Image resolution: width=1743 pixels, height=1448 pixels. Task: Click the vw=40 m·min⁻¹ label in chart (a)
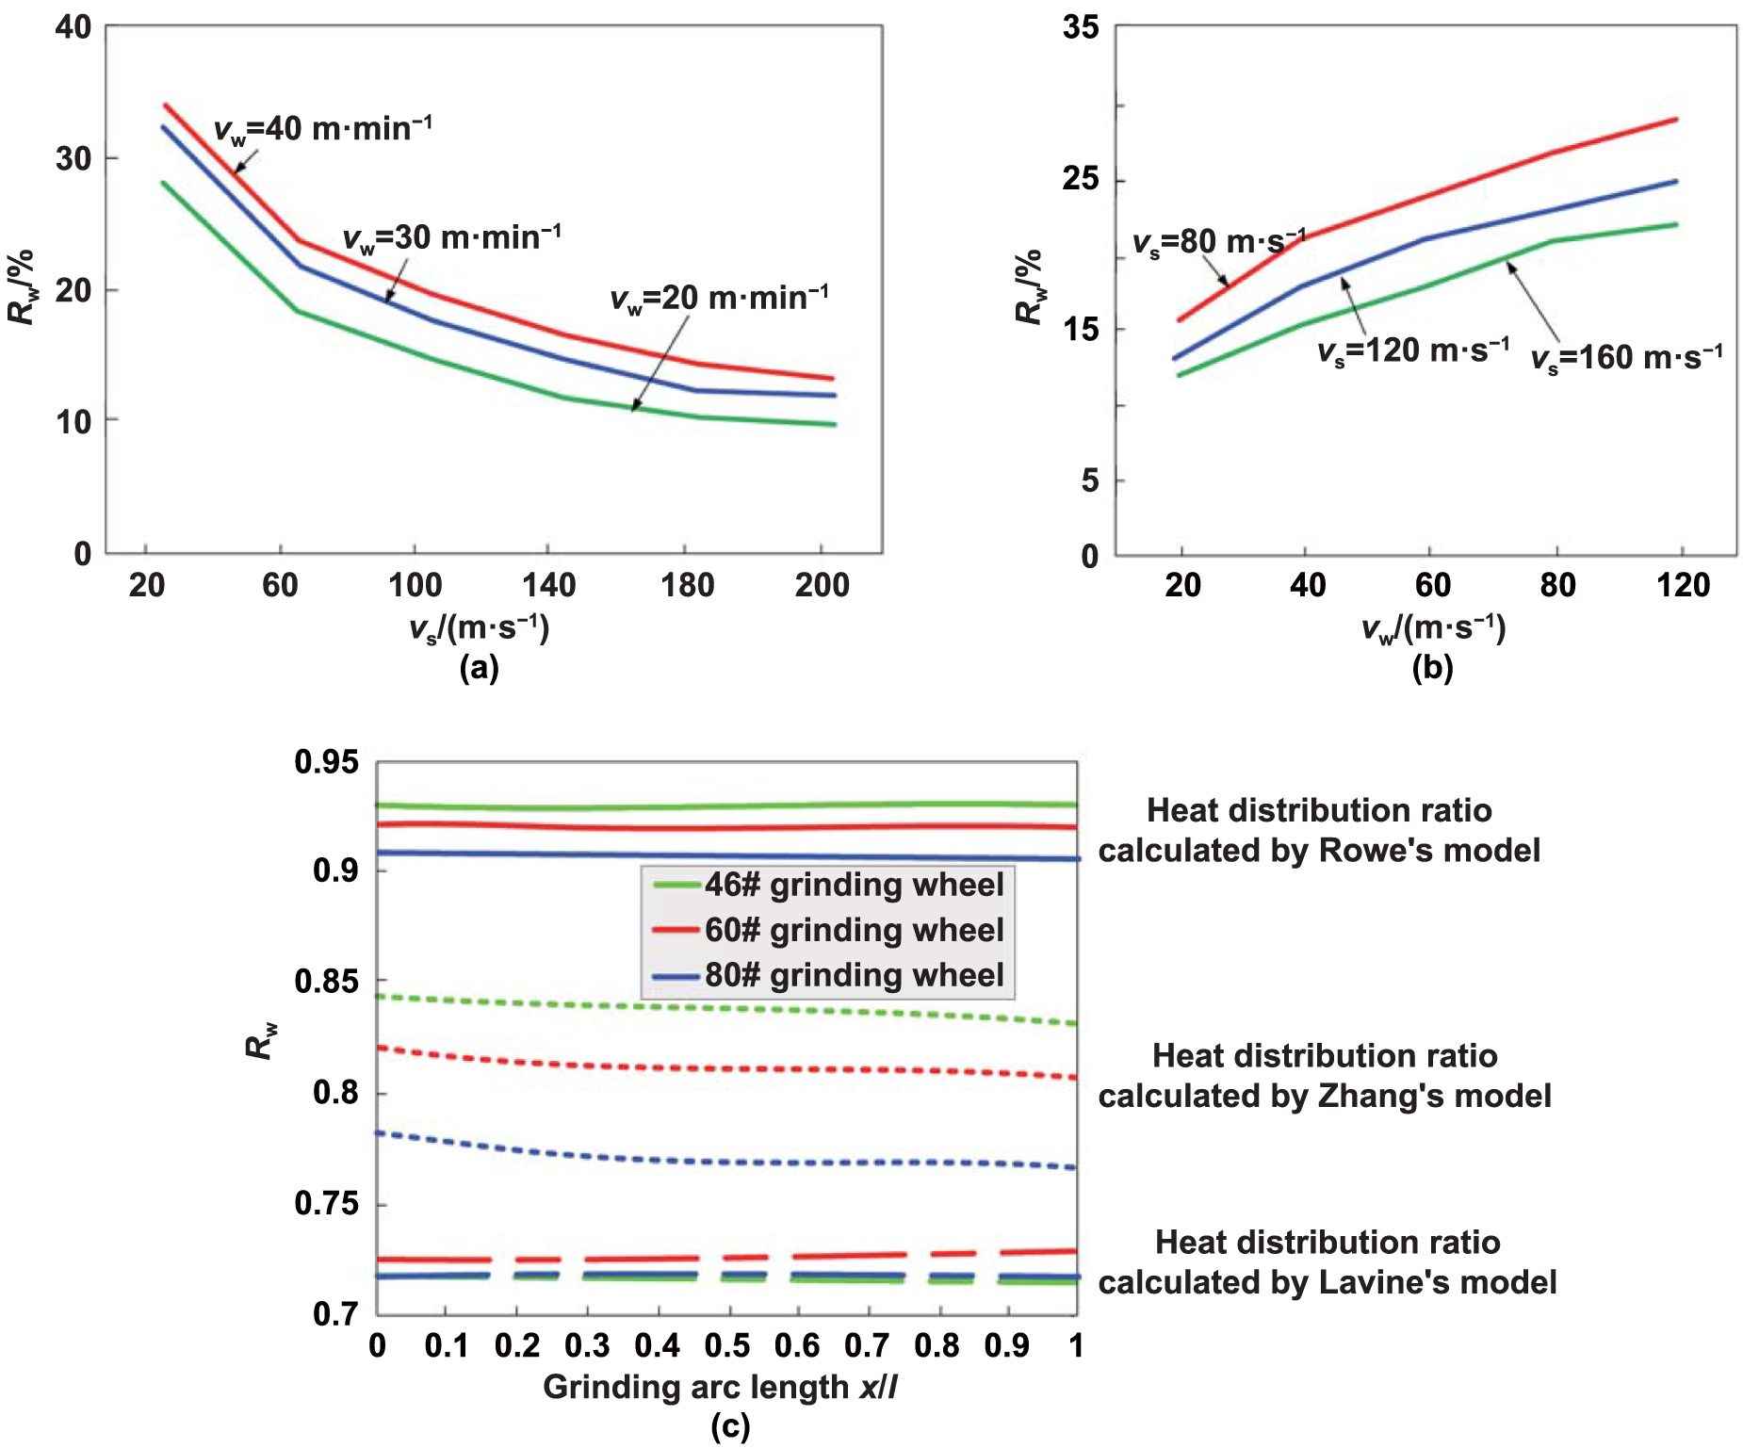(323, 129)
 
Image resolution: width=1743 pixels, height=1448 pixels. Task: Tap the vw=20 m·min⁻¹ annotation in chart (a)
(719, 299)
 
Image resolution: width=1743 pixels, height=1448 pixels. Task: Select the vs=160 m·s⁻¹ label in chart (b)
(1626, 359)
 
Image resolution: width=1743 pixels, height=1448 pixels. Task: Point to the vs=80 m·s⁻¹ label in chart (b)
(1218, 243)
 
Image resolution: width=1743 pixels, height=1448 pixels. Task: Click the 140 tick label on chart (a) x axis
(548, 586)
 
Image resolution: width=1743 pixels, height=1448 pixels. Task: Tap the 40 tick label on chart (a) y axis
(73, 27)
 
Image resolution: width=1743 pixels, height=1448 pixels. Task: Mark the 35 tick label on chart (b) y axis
(1081, 27)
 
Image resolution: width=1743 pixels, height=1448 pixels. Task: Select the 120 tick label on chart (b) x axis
(1683, 586)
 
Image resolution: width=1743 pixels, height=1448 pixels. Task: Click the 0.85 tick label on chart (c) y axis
(326, 982)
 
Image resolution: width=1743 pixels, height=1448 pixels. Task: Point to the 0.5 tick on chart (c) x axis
(727, 1346)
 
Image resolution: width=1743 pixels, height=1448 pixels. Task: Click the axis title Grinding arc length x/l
(720, 1388)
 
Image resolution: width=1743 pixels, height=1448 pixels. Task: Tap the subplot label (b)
(1432, 668)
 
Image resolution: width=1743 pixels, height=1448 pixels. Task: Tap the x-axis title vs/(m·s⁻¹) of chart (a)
(479, 627)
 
